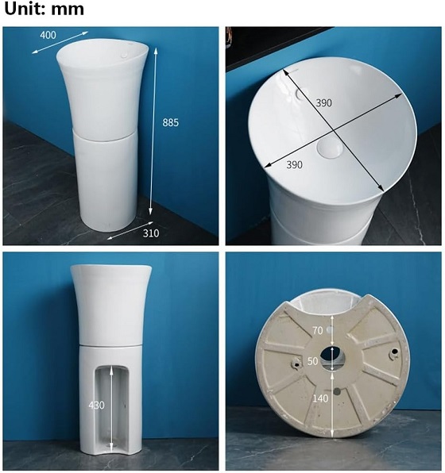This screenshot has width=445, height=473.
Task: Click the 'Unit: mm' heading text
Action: [x=44, y=9]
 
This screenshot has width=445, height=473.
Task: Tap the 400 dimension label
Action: [x=48, y=35]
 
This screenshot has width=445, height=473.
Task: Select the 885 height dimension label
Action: [x=170, y=122]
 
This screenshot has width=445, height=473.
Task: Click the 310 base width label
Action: [x=151, y=233]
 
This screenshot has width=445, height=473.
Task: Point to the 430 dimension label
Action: [x=96, y=405]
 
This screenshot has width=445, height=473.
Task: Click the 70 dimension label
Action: [x=318, y=331]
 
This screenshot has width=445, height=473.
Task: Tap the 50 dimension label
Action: [x=312, y=361]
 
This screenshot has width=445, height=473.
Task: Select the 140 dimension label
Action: [x=320, y=398]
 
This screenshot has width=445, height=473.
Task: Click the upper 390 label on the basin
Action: [x=324, y=103]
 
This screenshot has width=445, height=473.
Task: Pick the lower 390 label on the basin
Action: [x=294, y=165]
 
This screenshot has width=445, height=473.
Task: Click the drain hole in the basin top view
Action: [x=330, y=148]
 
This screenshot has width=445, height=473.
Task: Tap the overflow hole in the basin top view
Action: [x=300, y=94]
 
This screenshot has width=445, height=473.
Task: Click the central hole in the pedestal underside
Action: [x=333, y=358]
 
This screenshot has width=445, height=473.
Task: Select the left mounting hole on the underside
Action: [x=296, y=363]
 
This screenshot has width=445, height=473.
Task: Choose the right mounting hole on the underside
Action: [x=395, y=352]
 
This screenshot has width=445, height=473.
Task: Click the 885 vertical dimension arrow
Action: [x=153, y=131]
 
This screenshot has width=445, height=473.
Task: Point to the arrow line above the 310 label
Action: [x=130, y=231]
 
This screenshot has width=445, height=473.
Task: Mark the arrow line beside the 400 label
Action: [x=60, y=43]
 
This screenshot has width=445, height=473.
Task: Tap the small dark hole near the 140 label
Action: [x=337, y=392]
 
